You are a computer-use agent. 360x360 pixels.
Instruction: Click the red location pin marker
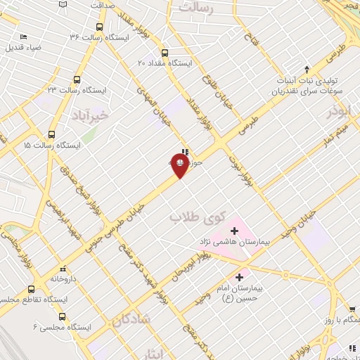[180, 165]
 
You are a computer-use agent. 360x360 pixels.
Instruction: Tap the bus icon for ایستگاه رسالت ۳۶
[99, 27]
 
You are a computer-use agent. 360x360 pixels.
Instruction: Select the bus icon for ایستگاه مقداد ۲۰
[165, 53]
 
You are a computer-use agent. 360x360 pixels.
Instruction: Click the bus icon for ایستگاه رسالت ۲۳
[77, 80]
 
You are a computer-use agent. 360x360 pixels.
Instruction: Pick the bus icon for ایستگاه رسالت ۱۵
[51, 135]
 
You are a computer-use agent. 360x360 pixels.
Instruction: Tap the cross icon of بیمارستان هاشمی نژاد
[235, 231]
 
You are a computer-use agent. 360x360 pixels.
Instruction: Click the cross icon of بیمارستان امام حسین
[240, 277]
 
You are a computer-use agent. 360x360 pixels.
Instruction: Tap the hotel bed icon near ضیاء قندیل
[23, 37]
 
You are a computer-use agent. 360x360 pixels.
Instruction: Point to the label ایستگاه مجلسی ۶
[57, 326]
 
